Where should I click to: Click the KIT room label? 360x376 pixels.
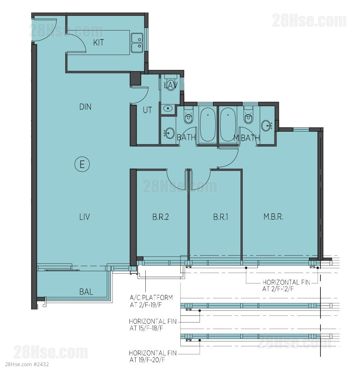pyautogui.click(x=98, y=43)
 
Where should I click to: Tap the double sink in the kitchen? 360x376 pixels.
pyautogui.click(x=137, y=43)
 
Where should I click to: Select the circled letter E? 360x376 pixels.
pyautogui.click(x=82, y=165)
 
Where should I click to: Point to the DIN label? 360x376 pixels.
pyautogui.click(x=85, y=107)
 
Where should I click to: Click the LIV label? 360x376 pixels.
pyautogui.click(x=85, y=217)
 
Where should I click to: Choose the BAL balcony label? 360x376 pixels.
pyautogui.click(x=86, y=292)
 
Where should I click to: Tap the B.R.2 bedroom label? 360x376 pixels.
pyautogui.click(x=161, y=217)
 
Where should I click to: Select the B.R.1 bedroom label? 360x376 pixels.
pyautogui.click(x=220, y=217)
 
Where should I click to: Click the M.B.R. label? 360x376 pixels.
pyautogui.click(x=273, y=217)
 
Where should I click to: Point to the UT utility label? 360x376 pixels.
pyautogui.click(x=147, y=110)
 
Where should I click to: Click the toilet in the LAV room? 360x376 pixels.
pyautogui.click(x=171, y=83)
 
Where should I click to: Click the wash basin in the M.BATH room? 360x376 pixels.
pyautogui.click(x=267, y=125)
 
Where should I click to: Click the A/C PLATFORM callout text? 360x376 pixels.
pyautogui.click(x=151, y=301)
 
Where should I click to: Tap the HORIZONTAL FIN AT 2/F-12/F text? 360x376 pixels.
pyautogui.click(x=286, y=285)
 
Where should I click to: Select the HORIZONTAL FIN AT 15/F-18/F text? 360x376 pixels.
pyautogui.click(x=153, y=325)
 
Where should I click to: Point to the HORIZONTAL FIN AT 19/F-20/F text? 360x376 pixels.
pyautogui.click(x=153, y=356)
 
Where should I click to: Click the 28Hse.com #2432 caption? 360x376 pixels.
pyautogui.click(x=27, y=364)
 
